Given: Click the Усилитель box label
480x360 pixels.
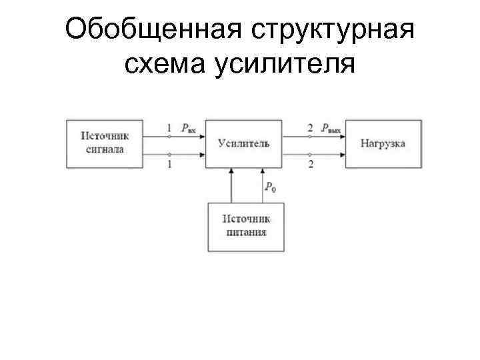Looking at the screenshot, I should point(243,143).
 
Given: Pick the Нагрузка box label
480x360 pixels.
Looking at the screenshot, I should point(383,143).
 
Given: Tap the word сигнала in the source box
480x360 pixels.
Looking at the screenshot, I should point(105,149).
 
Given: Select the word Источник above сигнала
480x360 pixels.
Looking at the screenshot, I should point(105,136).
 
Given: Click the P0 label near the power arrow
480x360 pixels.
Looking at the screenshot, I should point(270,187).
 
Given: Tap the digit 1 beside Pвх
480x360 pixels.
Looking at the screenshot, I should point(169,127).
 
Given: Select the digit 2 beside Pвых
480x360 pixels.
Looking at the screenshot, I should point(311,127).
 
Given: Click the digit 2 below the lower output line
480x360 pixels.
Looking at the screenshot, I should point(311,164).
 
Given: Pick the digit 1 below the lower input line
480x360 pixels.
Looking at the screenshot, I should point(169,164).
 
